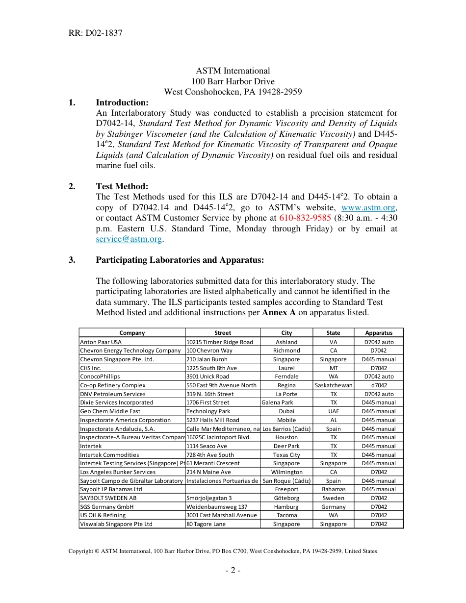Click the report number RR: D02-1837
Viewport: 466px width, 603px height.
click(x=95, y=33)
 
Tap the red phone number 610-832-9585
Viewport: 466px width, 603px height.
click(x=305, y=218)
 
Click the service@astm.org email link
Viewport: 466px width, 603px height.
click(x=129, y=239)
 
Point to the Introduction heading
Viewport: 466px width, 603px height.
click(x=122, y=102)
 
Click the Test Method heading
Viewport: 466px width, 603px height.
click(x=122, y=186)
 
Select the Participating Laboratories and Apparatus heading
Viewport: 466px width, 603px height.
click(x=180, y=260)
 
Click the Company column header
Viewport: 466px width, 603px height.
click(x=132, y=333)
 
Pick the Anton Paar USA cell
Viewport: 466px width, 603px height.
click(x=101, y=342)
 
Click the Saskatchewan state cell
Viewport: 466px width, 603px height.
click(x=333, y=385)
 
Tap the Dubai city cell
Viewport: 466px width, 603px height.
click(x=286, y=411)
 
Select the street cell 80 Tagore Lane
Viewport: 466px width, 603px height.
click(x=206, y=524)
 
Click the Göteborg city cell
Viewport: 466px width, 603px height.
click(x=286, y=498)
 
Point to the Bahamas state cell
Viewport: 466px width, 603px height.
click(x=333, y=489)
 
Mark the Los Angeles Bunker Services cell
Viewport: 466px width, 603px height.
click(x=118, y=472)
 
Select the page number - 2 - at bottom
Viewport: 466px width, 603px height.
click(x=233, y=570)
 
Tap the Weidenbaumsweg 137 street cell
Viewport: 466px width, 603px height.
click(x=217, y=507)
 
